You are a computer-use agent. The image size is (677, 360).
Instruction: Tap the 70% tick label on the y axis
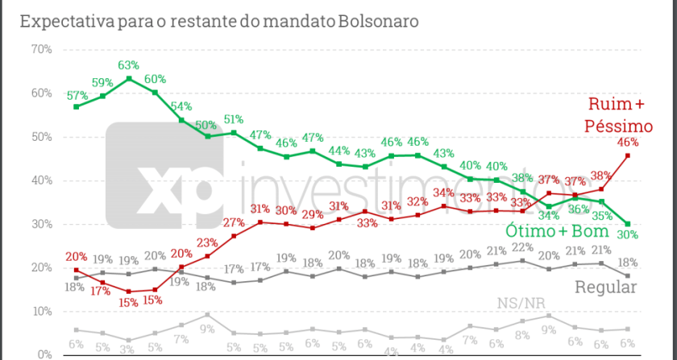point(40,50)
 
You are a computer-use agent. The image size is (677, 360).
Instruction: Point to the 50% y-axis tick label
point(40,137)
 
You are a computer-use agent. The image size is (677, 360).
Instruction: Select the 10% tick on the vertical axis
point(40,311)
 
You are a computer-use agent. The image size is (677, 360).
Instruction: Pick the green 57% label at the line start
point(77,94)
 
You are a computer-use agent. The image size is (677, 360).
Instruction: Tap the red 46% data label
point(628,143)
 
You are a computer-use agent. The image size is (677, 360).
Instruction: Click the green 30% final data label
point(628,235)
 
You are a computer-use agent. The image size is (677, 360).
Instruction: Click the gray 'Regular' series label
point(606,287)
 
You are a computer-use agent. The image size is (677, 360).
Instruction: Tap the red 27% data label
point(234,222)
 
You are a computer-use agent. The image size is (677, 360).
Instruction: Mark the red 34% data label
point(444,193)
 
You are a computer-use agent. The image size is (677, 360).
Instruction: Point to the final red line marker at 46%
point(628,155)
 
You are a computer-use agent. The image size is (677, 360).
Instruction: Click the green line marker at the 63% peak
point(129,79)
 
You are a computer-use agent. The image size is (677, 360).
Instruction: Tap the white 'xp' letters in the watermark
point(177,188)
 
